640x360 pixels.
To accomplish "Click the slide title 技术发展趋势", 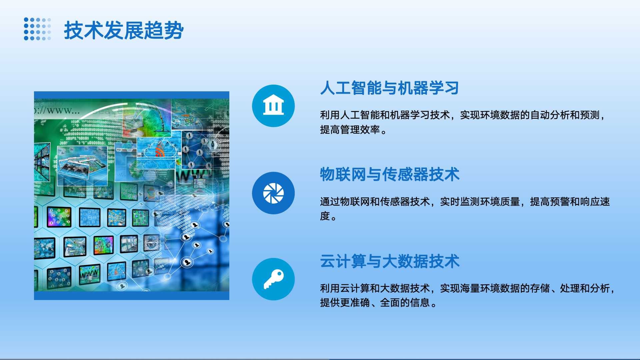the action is point(124,30).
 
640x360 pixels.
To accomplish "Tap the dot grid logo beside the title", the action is point(38,29).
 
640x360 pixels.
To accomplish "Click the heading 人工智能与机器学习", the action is point(389,88).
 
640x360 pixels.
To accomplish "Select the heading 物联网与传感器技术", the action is point(390,174).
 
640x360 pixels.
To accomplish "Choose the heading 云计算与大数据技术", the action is point(390,261).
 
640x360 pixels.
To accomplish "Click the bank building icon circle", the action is point(273,106).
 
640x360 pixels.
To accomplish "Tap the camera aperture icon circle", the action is point(273,193).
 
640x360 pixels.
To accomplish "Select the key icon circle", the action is point(273,279).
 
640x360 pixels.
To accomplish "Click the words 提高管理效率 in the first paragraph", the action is point(350,130).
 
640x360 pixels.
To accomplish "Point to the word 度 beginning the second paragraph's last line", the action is point(325,216).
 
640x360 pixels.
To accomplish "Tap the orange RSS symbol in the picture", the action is point(160,152).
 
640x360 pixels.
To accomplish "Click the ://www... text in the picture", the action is point(57,110).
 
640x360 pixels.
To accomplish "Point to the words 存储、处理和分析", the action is point(570,288).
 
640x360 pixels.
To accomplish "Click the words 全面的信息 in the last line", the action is point(405,303).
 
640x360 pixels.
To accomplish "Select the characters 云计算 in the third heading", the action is point(343,261).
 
